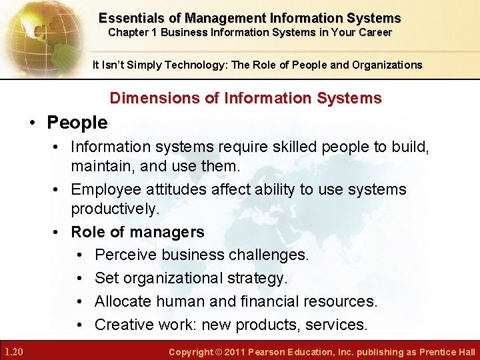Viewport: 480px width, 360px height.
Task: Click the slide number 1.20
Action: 14,351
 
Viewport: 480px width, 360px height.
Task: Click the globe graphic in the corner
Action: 37,33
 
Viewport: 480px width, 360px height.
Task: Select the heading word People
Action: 77,123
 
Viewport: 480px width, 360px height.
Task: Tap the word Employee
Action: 106,189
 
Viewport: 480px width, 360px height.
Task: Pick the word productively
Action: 115,209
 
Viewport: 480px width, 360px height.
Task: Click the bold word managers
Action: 169,232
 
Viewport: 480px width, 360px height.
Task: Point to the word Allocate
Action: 124,301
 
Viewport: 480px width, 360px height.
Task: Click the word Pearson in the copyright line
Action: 267,352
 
